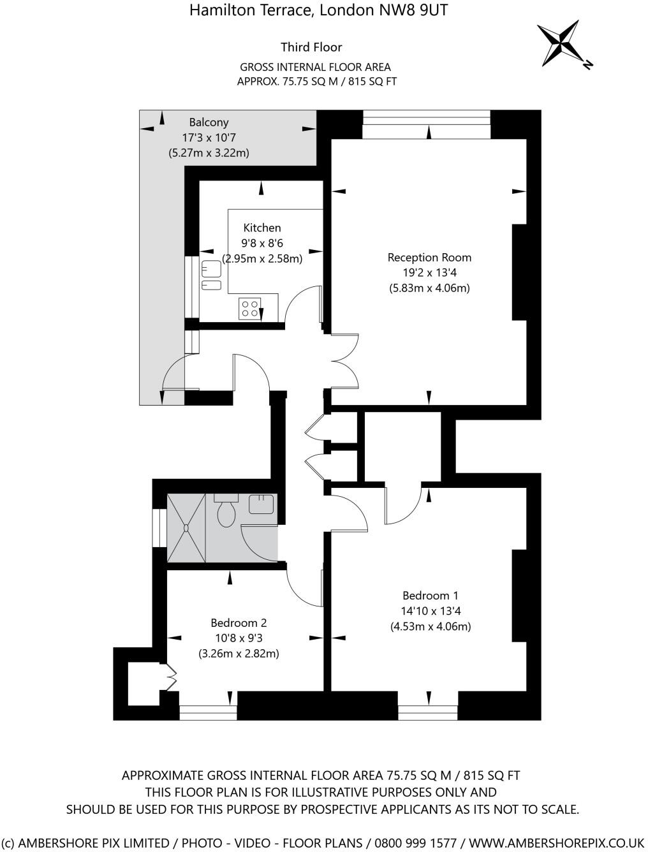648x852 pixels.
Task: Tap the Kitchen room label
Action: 261,228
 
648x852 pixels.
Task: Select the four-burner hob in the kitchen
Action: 249,309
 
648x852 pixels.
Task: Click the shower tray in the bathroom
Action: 186,527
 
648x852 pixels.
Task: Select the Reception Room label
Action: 429,258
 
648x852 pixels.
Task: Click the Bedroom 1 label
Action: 430,596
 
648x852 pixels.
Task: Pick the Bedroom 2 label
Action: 239,623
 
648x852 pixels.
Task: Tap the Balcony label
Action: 209,122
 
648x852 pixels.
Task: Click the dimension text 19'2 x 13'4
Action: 429,272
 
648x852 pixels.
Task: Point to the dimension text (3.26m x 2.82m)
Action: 239,654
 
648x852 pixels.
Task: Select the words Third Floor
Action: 311,47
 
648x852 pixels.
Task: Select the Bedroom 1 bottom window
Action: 428,709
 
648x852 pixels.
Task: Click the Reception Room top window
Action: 427,124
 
